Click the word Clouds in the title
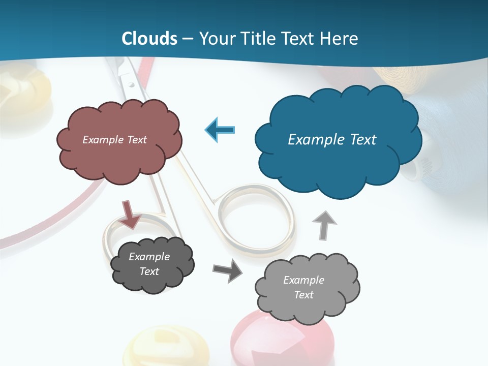point(149,39)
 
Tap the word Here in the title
point(341,39)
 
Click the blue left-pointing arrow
point(220,130)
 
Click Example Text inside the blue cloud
point(332,140)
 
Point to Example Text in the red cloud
point(115,140)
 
